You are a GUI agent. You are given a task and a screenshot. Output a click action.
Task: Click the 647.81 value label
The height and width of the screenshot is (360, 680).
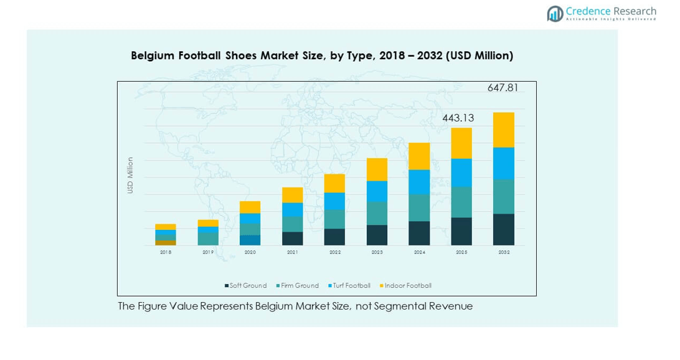pos(503,88)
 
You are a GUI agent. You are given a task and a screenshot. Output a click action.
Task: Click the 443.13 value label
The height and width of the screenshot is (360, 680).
pos(458,118)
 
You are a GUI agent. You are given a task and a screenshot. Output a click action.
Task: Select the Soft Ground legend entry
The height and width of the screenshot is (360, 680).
pos(246,286)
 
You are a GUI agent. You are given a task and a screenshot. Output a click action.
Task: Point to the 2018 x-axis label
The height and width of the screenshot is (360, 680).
pos(166,252)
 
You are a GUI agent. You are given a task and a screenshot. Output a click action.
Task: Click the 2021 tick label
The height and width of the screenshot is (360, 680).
pos(292,252)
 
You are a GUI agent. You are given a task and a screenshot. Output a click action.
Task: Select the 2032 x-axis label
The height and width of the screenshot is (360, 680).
pos(504,252)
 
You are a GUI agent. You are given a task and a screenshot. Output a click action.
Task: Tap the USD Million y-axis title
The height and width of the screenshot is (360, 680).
pos(131,175)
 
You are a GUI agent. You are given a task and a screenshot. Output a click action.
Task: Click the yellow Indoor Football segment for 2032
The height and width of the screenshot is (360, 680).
pos(504,130)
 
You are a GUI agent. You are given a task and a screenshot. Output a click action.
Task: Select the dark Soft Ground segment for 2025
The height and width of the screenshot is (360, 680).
pos(461,231)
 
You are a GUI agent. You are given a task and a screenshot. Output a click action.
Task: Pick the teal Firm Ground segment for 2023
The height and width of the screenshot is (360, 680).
pos(377,213)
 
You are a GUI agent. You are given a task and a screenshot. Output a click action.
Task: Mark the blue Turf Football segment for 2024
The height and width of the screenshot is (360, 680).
pos(419,182)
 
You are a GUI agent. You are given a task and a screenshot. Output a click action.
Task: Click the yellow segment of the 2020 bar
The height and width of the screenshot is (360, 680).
pos(250,207)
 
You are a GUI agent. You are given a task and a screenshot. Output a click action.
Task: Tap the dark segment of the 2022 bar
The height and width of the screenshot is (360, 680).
pos(334,237)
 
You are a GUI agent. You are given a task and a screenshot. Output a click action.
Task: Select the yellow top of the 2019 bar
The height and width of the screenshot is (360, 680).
pos(208,223)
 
